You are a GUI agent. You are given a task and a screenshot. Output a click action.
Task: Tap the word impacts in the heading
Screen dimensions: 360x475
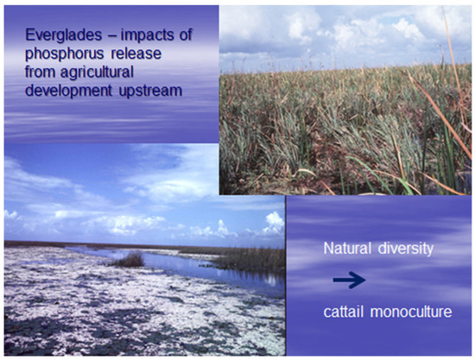[x=140, y=38]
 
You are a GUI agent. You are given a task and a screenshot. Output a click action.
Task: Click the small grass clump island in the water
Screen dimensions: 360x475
[x=130, y=258]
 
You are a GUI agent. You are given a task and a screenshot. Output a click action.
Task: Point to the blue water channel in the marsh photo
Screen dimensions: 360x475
[x=173, y=263]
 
